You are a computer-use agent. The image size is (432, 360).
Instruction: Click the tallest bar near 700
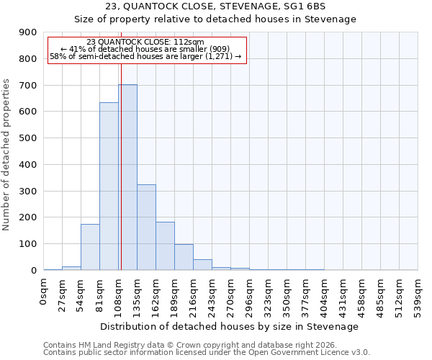point(128,177)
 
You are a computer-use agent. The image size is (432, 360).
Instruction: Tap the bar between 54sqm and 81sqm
point(90,247)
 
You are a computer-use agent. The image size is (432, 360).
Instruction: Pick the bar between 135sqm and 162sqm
point(146,227)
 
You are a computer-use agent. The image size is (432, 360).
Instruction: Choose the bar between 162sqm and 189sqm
point(165,246)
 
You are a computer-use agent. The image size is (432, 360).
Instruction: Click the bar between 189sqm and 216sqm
point(184,257)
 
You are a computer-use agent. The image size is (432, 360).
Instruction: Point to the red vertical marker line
point(121,166)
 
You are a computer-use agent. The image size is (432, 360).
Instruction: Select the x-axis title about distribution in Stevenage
point(230,326)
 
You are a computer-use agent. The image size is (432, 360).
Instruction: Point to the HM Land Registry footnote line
point(190,345)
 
